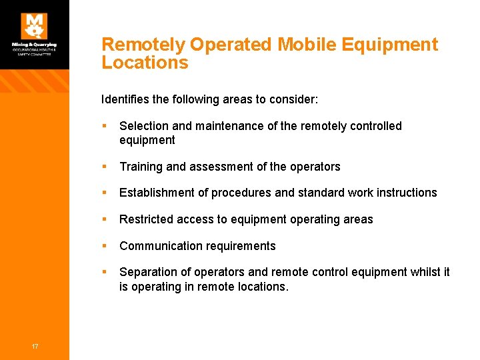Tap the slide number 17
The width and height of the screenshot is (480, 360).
tap(34, 345)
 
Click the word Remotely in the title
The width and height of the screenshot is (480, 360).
tap(143, 45)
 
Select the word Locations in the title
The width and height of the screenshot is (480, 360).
tap(145, 63)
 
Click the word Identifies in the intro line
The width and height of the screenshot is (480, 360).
tap(125, 99)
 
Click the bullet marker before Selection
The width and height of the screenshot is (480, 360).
tap(105, 126)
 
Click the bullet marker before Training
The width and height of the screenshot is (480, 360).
tap(105, 167)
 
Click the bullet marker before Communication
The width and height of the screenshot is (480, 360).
tap(105, 246)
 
